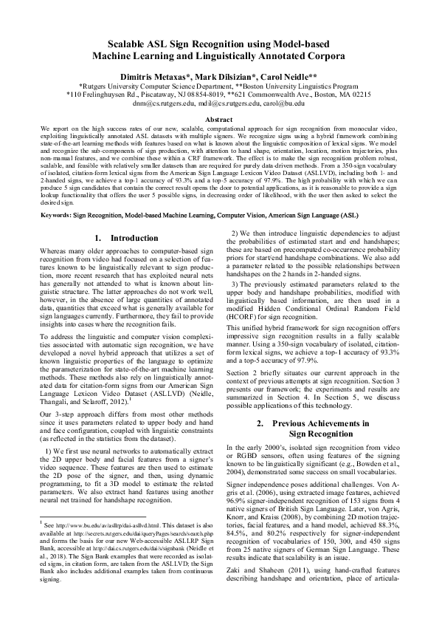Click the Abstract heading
219,119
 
